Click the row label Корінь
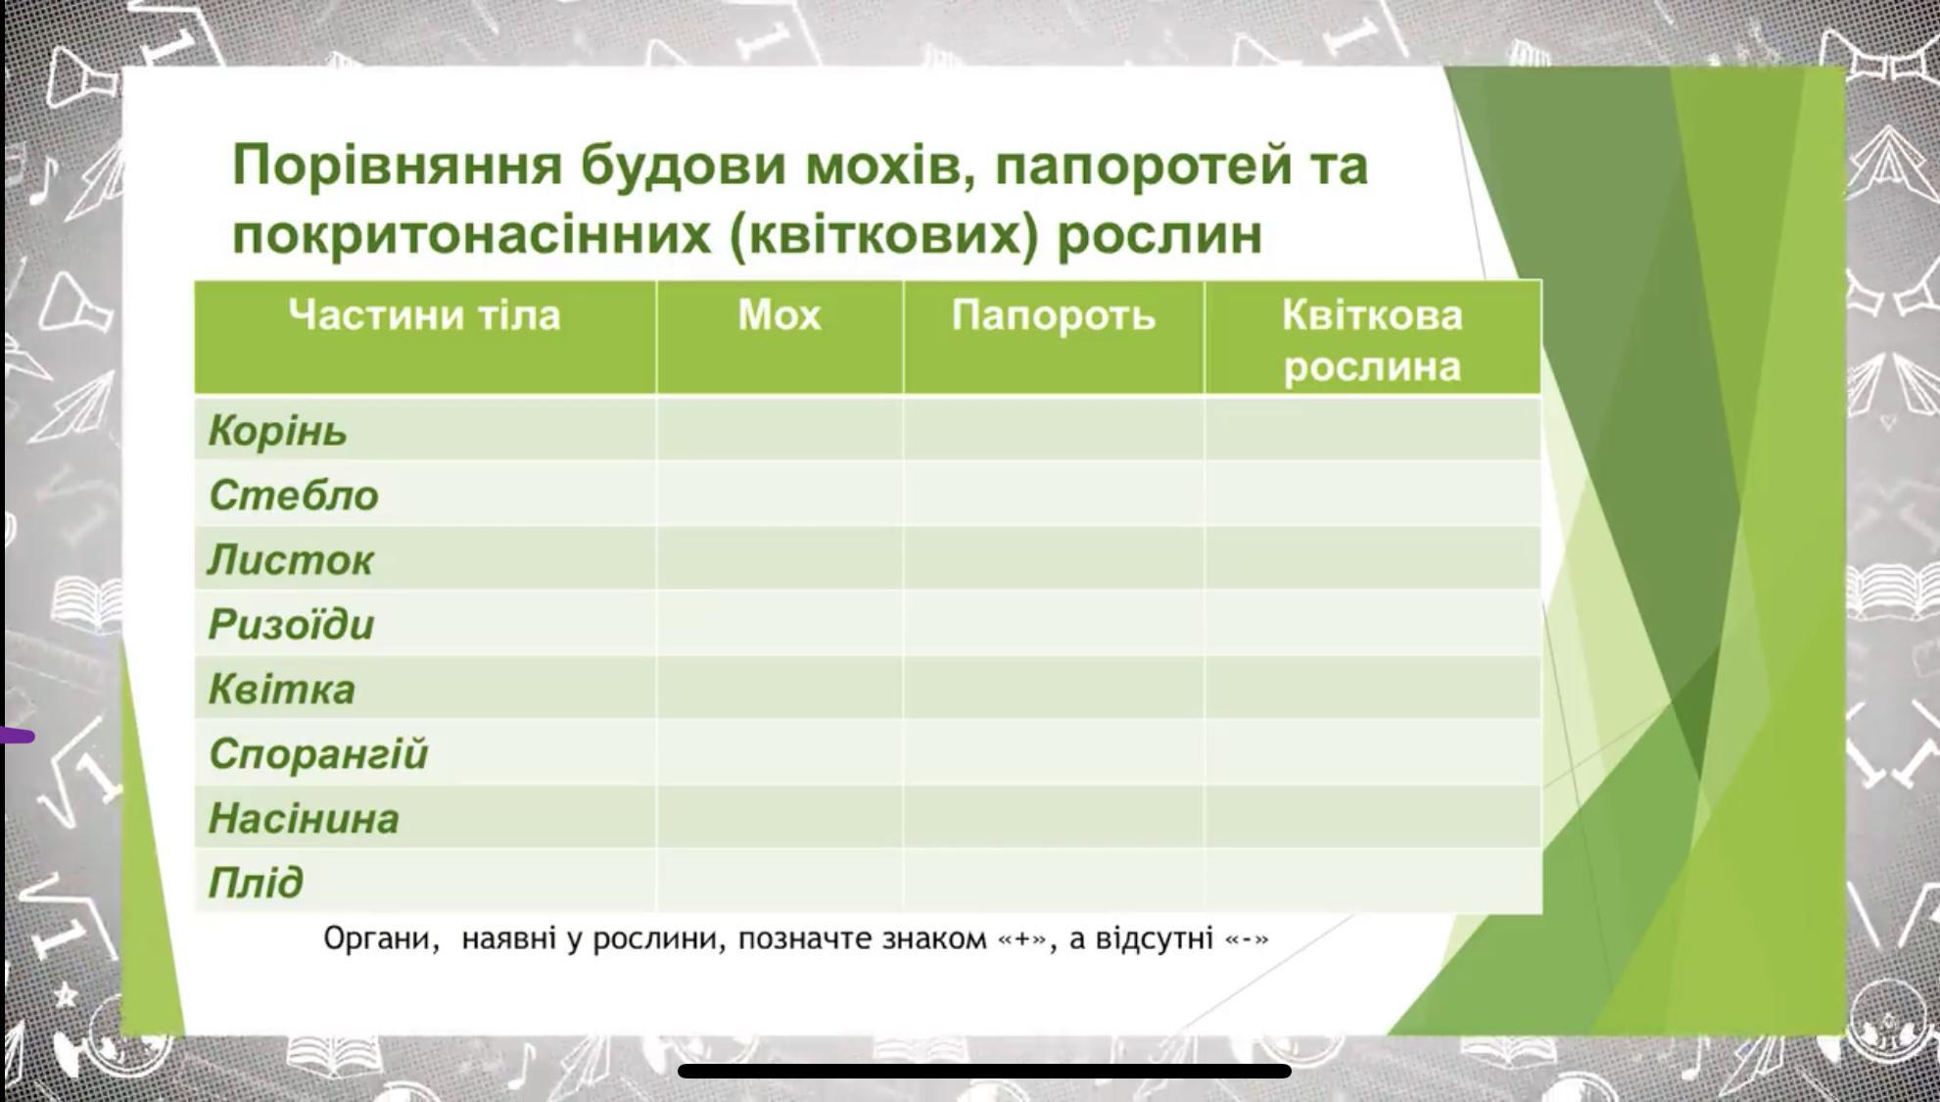277,431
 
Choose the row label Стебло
293,495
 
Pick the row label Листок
290,559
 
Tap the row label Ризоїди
291,624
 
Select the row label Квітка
281,689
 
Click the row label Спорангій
318,754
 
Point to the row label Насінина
304,818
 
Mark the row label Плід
256,883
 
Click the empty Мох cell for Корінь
780,429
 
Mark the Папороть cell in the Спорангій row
1054,752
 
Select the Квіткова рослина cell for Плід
1373,881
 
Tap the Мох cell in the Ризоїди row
780,623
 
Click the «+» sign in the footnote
1021,938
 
